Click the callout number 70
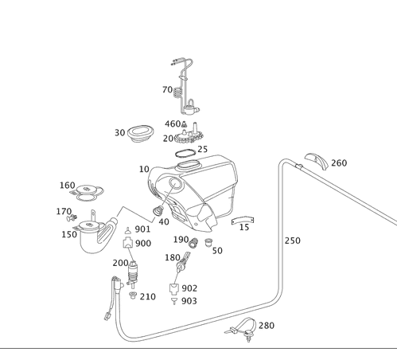167,91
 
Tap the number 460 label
172,123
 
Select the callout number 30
119,133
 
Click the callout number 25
203,149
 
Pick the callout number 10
144,169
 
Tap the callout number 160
68,186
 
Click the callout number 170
64,211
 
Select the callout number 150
69,234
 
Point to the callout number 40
165,222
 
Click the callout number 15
243,228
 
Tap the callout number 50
217,250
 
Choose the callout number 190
181,240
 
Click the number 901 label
143,229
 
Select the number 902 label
189,288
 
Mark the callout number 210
147,297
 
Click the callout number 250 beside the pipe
292,241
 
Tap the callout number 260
339,163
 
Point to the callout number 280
266,326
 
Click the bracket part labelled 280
243,327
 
